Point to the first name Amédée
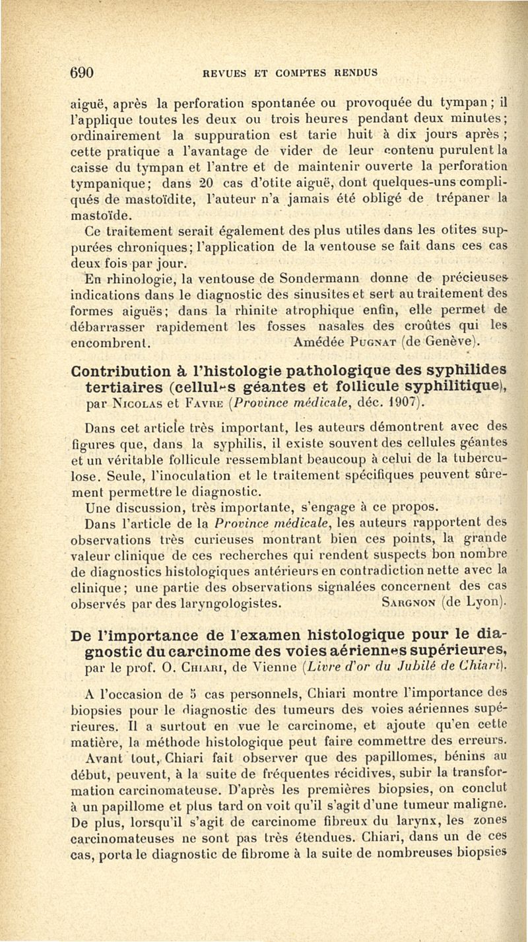point(313,341)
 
